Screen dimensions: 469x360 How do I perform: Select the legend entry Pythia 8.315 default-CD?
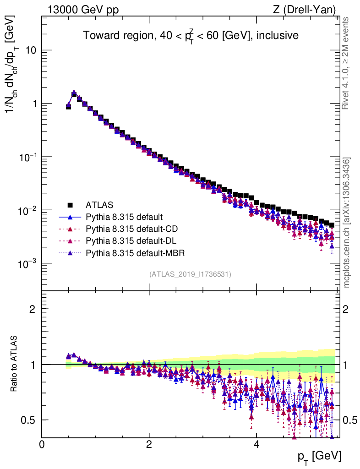[x=127, y=228]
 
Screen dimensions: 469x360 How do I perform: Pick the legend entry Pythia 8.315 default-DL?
[x=126, y=240]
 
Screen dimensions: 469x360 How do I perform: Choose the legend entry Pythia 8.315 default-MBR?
[x=129, y=252]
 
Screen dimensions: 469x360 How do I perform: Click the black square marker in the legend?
[x=70, y=204]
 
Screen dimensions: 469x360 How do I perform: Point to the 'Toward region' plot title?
[x=191, y=36]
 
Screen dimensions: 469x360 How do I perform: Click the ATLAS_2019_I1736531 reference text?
[x=190, y=274]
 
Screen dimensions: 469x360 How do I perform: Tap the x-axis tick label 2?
[x=149, y=445]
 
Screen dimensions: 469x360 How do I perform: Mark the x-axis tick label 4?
[x=256, y=445]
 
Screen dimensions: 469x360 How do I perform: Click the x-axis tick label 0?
[x=42, y=445]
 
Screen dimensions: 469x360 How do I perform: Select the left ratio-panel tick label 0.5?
[x=29, y=420]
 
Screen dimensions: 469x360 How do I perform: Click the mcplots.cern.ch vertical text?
[x=347, y=223]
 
